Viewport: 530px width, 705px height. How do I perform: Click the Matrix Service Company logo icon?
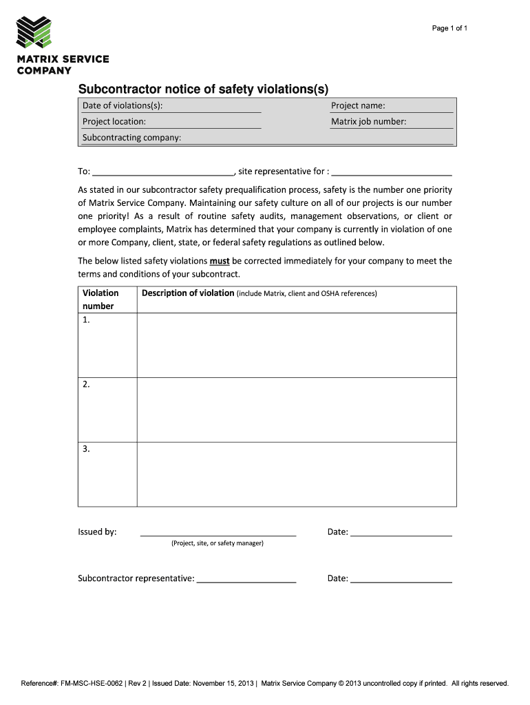coord(34,32)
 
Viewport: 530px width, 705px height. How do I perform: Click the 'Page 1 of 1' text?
coord(449,28)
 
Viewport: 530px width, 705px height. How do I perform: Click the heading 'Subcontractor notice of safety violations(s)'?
coord(203,89)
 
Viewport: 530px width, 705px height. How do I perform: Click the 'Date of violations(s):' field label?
coord(123,105)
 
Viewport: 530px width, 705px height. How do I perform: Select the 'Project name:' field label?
coord(358,105)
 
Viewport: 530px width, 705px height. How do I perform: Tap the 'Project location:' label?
coord(114,121)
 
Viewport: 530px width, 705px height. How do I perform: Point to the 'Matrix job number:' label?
coord(368,121)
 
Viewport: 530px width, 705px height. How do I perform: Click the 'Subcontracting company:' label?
coord(131,137)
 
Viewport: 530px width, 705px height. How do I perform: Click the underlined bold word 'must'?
coord(220,261)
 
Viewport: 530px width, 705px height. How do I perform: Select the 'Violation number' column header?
coord(100,299)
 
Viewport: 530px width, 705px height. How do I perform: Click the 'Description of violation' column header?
coord(188,293)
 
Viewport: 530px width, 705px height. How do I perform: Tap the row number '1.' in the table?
coord(86,320)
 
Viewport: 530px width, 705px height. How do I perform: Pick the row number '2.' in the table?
coord(86,385)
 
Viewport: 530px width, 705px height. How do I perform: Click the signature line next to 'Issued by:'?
coord(218,532)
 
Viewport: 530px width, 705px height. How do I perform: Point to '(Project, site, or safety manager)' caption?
coord(218,543)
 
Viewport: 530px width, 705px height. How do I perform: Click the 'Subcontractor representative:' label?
coord(136,578)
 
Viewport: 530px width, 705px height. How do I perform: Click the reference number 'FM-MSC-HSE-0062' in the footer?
coord(92,684)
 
